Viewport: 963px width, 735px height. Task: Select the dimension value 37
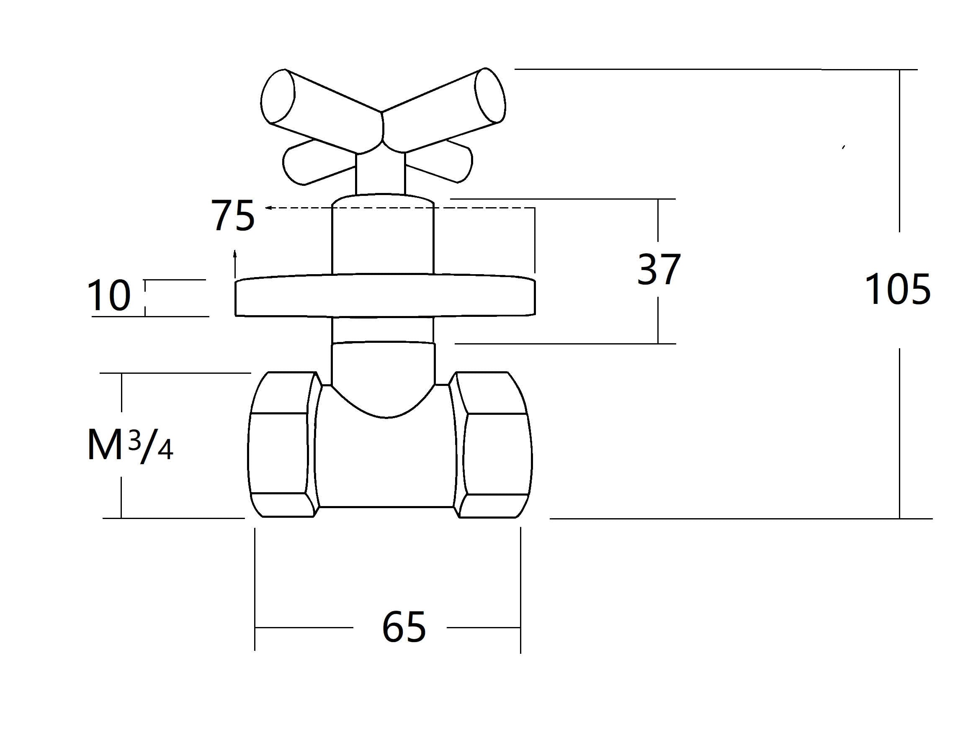click(x=659, y=269)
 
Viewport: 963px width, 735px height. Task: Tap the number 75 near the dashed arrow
click(x=232, y=215)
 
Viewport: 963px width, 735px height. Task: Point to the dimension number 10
click(x=109, y=296)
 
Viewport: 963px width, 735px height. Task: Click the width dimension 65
click(x=403, y=627)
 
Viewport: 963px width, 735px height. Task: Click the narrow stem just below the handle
click(x=380, y=173)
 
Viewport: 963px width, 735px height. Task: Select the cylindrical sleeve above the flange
click(x=382, y=239)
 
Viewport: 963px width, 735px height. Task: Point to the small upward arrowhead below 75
click(x=235, y=253)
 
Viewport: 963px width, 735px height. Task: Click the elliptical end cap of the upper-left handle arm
click(x=278, y=96)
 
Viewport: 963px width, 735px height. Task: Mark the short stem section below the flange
click(x=382, y=330)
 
